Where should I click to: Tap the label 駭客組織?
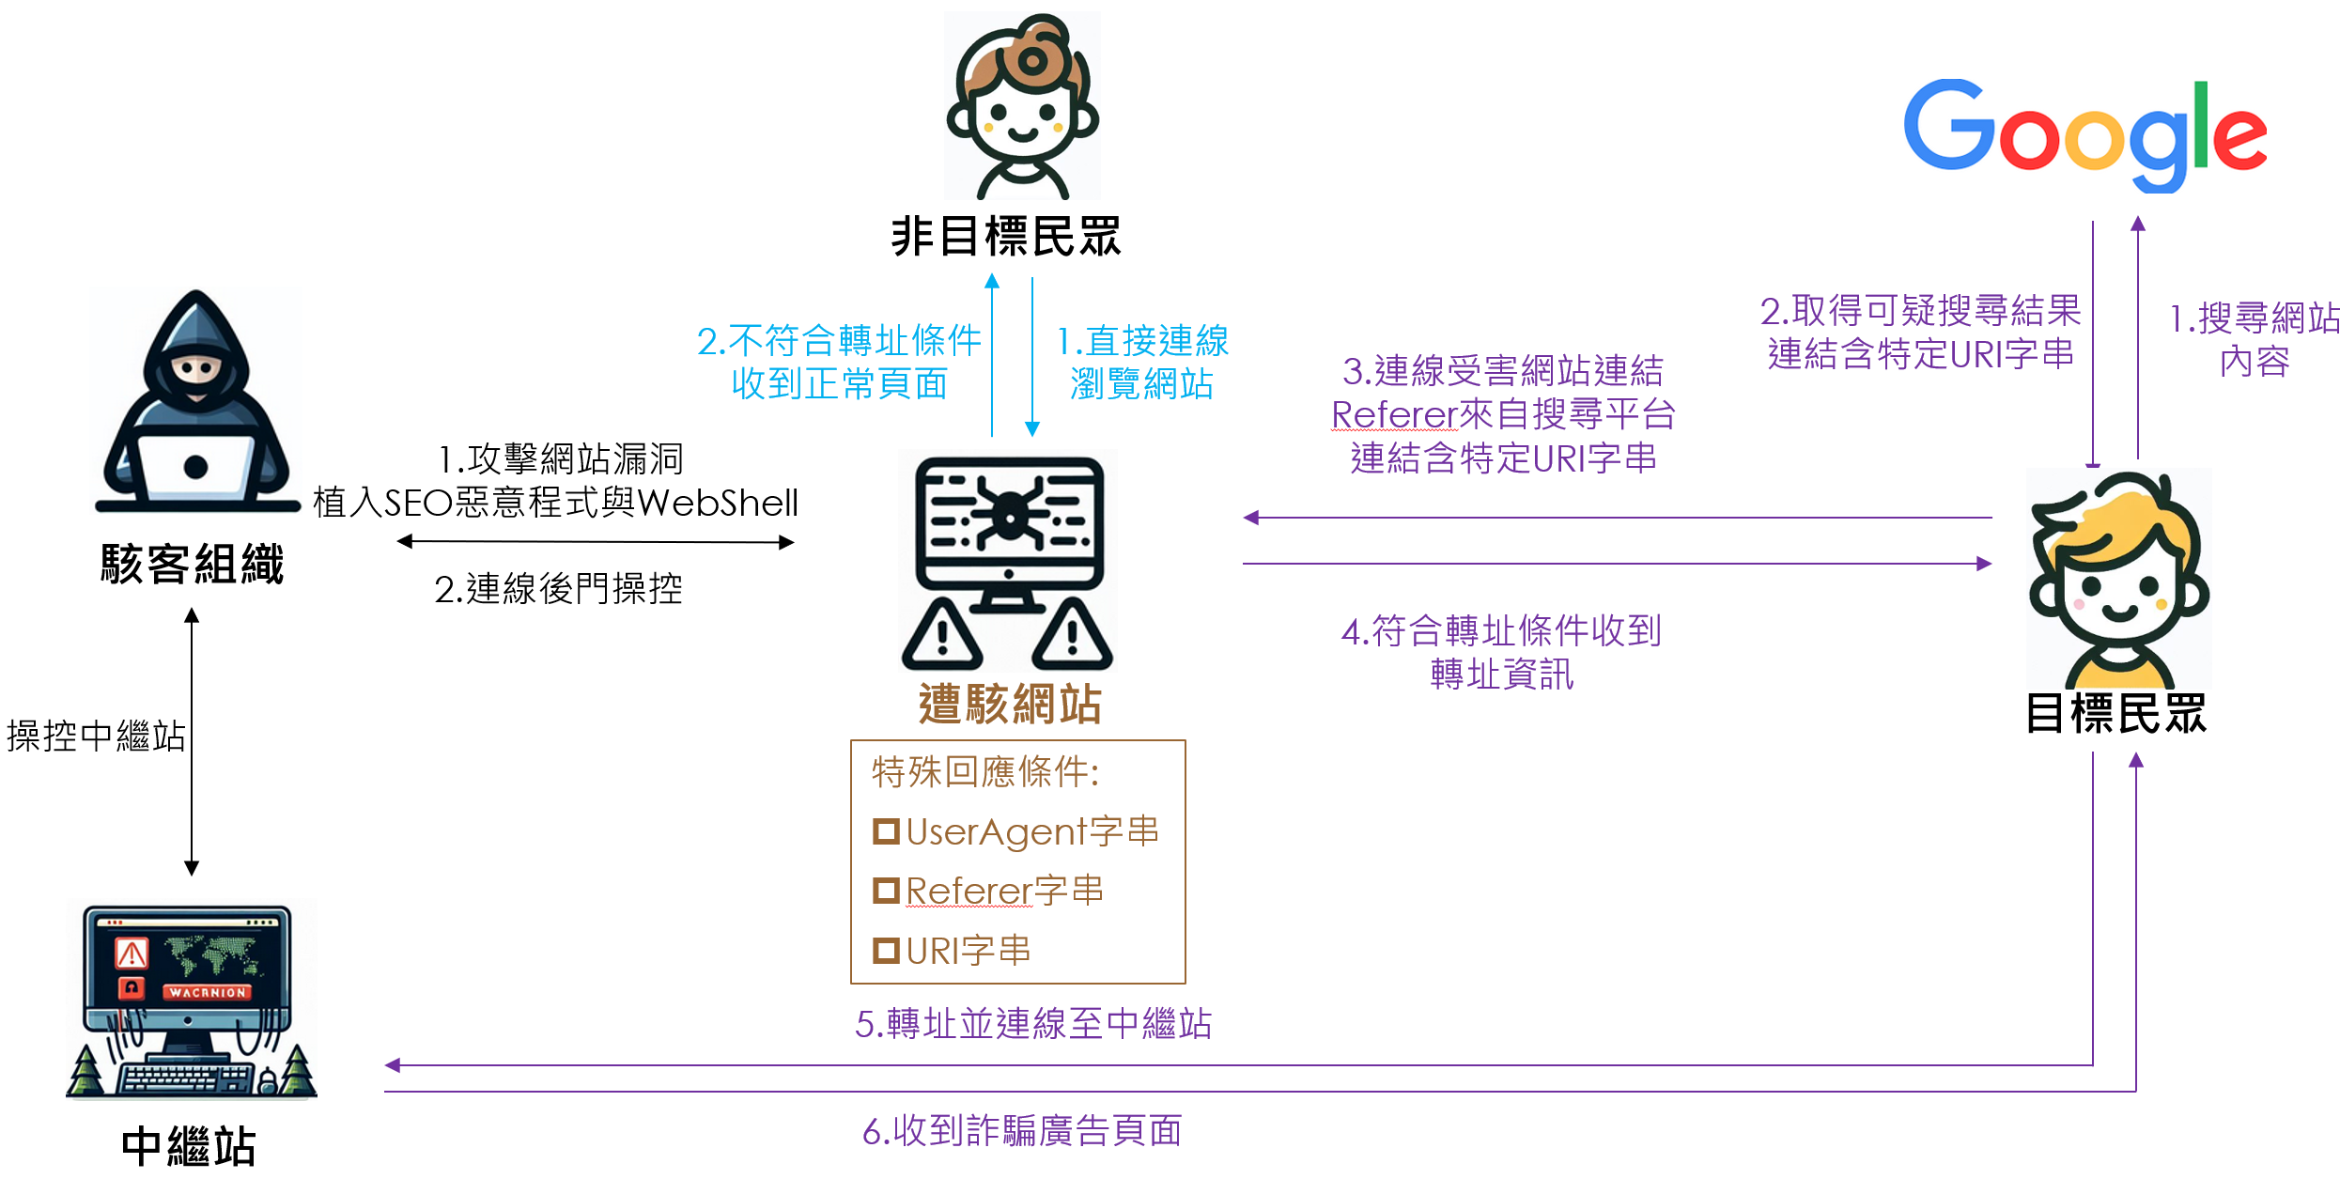193,565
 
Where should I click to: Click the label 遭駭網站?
1010,705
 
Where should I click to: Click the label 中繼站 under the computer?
189,1147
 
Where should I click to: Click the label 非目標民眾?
1006,236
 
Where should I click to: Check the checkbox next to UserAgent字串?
886,831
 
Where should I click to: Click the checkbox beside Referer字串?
886,891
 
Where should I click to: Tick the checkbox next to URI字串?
886,951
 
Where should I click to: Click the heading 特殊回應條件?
985,772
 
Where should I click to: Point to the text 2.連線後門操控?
558,589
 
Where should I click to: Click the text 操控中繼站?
96,736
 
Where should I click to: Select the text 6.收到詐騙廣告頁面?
1022,1131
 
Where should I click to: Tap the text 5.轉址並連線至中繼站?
1033,1023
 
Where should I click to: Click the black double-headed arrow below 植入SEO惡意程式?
596,542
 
